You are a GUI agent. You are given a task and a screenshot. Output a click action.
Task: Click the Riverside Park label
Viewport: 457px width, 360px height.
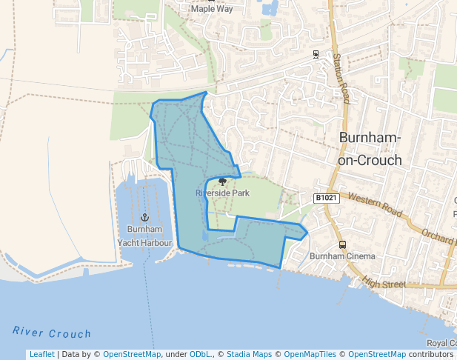tap(222, 193)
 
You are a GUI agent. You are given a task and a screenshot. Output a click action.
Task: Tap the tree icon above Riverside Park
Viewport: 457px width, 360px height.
tap(222, 181)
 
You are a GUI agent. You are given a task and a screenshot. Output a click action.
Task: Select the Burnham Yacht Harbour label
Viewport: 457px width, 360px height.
tap(144, 236)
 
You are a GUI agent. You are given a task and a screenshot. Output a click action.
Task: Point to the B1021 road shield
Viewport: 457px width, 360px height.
tap(326, 198)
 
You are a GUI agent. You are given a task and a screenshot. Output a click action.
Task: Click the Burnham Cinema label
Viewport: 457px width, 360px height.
tap(342, 256)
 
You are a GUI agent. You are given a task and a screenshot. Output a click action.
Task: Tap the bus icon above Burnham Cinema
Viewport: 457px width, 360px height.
tap(342, 244)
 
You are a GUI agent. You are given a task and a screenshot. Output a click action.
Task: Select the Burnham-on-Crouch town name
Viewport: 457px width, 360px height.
tap(370, 148)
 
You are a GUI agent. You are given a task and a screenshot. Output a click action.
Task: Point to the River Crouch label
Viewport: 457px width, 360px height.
tap(52, 333)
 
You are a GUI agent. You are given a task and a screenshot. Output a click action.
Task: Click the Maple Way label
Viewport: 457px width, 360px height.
tap(212, 10)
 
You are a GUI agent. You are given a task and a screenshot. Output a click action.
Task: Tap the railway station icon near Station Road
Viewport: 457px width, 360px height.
tap(316, 54)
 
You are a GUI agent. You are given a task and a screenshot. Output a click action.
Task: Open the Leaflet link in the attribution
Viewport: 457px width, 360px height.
tap(41, 354)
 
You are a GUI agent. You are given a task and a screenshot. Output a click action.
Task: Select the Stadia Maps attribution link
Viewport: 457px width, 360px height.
tap(248, 354)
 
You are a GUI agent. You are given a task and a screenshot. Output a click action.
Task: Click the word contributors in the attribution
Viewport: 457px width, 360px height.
tap(431, 354)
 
